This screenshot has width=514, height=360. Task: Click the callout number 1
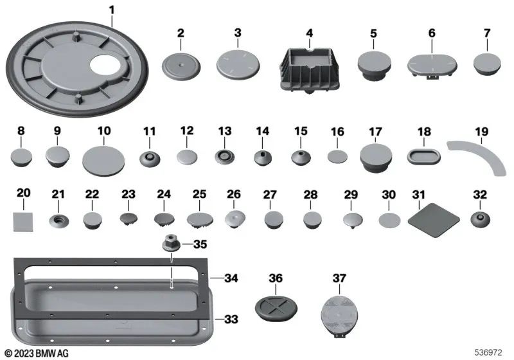coord(112,10)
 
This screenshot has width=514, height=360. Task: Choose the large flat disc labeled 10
coord(103,158)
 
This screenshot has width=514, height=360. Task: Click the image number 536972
coord(489,352)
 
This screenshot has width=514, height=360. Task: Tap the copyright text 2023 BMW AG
coord(37,352)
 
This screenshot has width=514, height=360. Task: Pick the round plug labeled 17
coord(376,156)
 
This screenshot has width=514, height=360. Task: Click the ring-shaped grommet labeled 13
coord(224,156)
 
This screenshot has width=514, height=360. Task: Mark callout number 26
coord(233,194)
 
